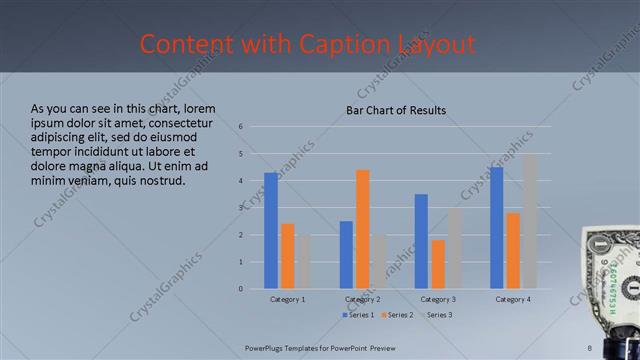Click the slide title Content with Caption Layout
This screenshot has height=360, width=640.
[x=307, y=45]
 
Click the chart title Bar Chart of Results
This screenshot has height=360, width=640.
[x=396, y=110]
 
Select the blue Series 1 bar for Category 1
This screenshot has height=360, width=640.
[x=271, y=230]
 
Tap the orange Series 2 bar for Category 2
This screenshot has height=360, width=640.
[x=362, y=229]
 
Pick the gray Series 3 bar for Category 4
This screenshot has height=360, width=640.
[x=529, y=221]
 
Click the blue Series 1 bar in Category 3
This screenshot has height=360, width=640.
[x=421, y=241]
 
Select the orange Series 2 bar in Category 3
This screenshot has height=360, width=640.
[x=438, y=264]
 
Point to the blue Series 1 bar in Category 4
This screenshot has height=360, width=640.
[x=497, y=227]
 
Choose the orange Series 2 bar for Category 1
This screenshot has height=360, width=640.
[x=287, y=256]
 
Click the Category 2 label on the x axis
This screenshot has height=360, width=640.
[x=362, y=299]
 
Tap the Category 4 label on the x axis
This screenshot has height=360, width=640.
[x=513, y=299]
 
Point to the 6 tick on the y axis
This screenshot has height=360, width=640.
[x=241, y=127]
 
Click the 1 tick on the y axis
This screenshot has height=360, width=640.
[x=241, y=262]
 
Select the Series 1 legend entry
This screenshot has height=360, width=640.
[x=359, y=315]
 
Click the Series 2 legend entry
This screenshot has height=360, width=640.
[x=396, y=315]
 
